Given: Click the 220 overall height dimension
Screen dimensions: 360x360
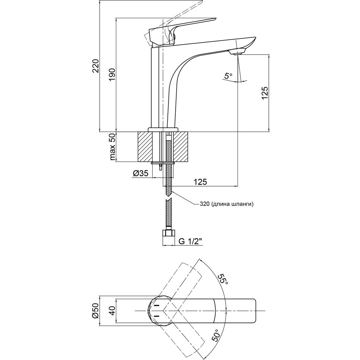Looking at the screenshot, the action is coord(96,66).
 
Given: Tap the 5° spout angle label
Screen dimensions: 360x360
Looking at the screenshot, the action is coord(228,76).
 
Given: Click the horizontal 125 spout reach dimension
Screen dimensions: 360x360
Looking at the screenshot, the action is coord(200,182).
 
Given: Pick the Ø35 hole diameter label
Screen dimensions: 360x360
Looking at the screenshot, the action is coord(141,173).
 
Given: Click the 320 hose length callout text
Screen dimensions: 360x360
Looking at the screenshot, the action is coord(226,204).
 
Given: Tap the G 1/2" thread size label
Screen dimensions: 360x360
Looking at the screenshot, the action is coord(191,241).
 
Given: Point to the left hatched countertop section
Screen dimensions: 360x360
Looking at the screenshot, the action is coord(145,147).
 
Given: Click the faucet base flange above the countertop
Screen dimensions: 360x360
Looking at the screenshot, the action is coord(163,129).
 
